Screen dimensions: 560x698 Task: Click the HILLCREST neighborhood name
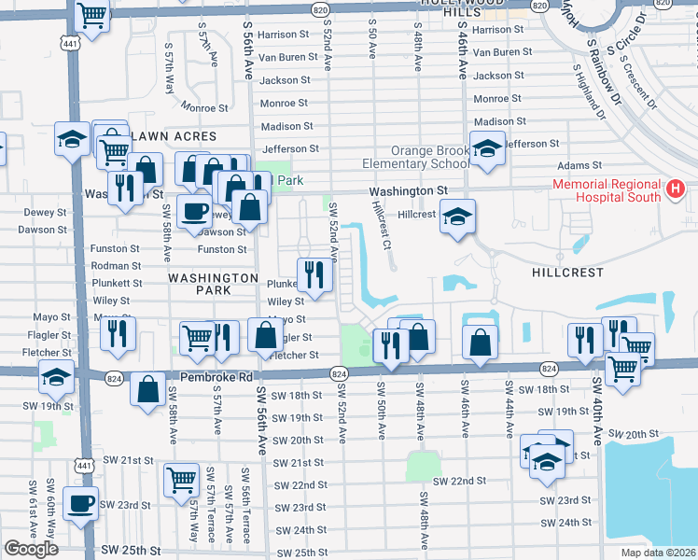point(567,273)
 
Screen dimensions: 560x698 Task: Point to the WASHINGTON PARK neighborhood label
point(213,285)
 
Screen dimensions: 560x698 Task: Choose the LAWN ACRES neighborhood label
point(174,137)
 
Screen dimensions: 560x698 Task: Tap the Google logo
point(31,549)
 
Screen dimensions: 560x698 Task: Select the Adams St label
point(576,165)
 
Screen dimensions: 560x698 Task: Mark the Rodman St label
point(117,266)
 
